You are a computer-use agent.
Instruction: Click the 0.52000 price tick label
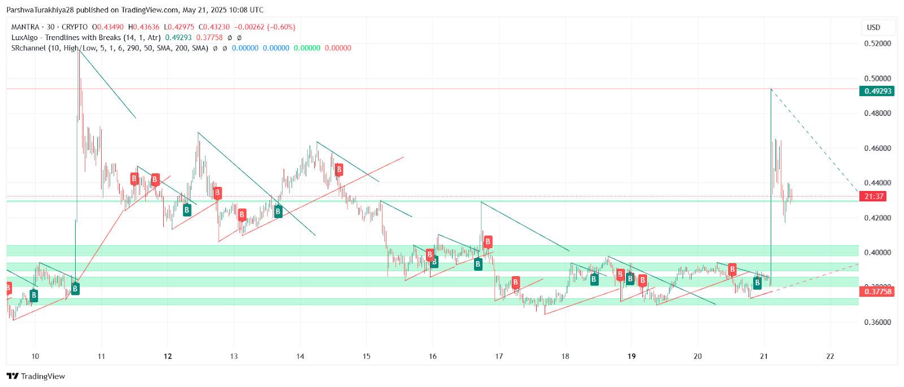click(x=877, y=44)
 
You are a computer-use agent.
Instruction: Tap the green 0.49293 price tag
click(x=877, y=91)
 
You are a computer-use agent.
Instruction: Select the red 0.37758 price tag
click(x=877, y=292)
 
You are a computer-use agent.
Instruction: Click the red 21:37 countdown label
click(x=873, y=196)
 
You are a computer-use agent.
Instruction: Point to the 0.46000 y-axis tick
click(x=877, y=148)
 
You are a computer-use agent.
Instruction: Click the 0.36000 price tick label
click(x=877, y=322)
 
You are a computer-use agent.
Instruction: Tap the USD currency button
click(x=873, y=27)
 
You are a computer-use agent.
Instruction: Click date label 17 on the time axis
click(x=499, y=356)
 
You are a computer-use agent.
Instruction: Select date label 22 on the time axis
click(x=830, y=356)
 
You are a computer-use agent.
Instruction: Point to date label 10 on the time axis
click(x=35, y=356)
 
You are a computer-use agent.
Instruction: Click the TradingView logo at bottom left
click(x=36, y=376)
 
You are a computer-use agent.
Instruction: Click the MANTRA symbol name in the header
click(x=25, y=27)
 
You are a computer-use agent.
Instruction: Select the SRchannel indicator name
click(x=29, y=48)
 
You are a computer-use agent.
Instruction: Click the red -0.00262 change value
click(x=249, y=27)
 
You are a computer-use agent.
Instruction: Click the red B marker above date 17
click(x=488, y=242)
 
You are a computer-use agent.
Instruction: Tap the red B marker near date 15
click(x=339, y=169)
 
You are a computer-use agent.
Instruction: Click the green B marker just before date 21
click(x=757, y=283)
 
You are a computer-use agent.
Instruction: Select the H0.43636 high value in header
click(x=144, y=27)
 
